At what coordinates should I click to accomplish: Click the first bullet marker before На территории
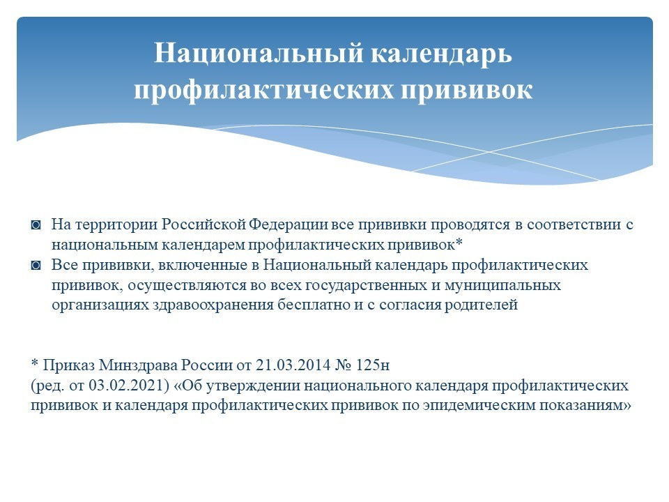pos(36,225)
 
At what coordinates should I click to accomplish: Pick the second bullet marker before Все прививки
pos(36,266)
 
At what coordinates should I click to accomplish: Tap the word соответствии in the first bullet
pos(574,225)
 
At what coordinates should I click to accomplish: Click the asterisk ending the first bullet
pos(459,243)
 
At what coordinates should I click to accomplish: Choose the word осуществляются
pos(187,286)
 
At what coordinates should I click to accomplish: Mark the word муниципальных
pos(502,286)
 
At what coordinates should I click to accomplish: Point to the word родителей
pos(482,305)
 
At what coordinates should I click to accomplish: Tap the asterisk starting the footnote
pos(35,363)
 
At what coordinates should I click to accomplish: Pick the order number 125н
pos(372,366)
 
